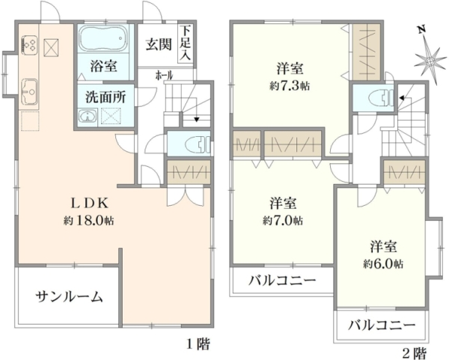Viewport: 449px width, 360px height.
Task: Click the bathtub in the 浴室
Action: click(x=103, y=39)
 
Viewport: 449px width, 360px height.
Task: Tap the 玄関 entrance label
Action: click(x=159, y=44)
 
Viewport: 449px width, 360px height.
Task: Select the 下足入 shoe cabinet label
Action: click(x=186, y=43)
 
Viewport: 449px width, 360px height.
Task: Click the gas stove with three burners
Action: click(x=29, y=45)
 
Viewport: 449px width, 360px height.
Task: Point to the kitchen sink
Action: click(x=30, y=91)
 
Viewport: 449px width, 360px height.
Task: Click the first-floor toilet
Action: click(x=198, y=144)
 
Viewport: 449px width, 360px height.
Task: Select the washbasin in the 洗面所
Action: click(x=88, y=117)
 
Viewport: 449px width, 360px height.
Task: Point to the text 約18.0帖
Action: click(x=89, y=221)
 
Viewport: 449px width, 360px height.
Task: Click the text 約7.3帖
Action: click(x=290, y=85)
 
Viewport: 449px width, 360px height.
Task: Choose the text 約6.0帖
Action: click(x=384, y=263)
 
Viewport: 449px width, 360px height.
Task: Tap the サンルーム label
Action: click(x=69, y=296)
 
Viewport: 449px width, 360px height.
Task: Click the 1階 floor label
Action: click(x=198, y=344)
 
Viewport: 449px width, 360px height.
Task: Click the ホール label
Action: click(x=165, y=76)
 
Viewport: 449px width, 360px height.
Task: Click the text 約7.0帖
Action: click(x=283, y=221)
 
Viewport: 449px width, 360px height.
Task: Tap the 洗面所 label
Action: click(x=106, y=97)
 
